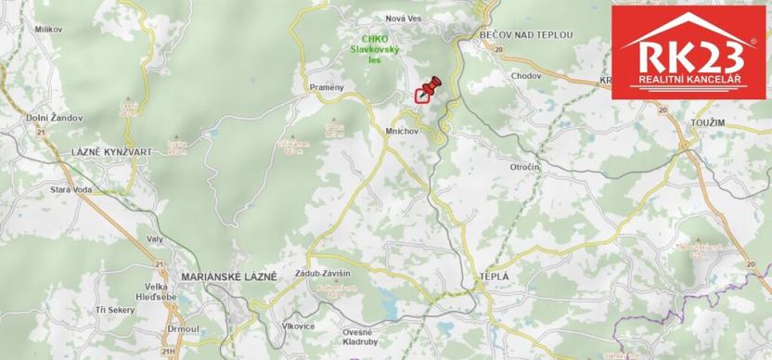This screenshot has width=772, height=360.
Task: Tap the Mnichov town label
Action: click(403, 132)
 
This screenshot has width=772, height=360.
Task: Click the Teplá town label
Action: click(493, 276)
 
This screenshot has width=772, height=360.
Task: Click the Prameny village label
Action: click(326, 87)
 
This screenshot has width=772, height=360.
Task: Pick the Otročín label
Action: click(524, 166)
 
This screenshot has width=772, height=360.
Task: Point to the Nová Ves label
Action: click(404, 18)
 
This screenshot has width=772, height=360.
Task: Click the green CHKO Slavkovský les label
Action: click(375, 49)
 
